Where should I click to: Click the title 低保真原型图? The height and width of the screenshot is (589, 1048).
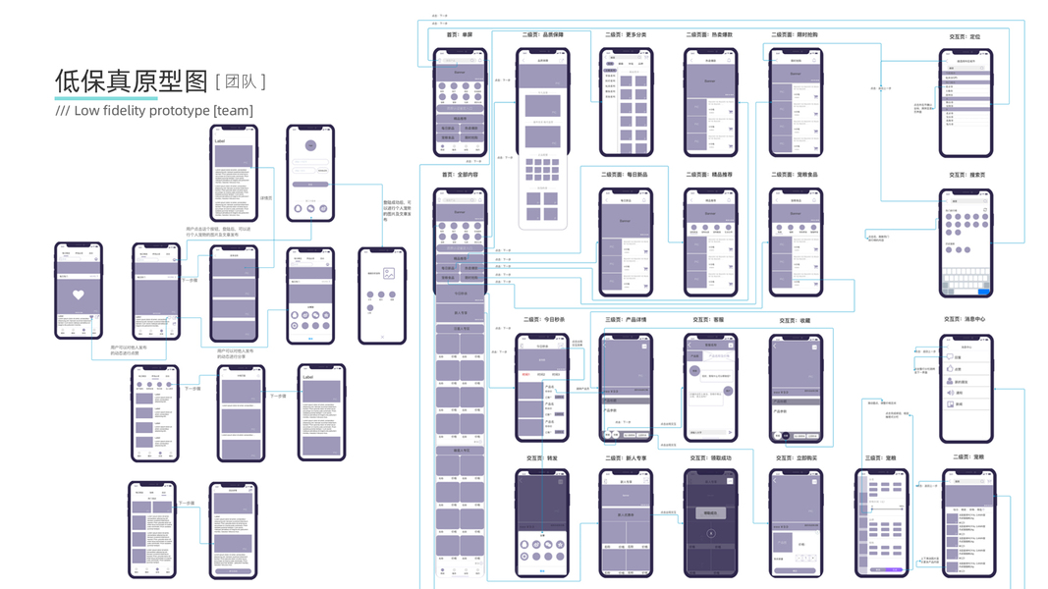pos(132,81)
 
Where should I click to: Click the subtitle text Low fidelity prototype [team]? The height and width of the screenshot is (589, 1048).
pos(154,111)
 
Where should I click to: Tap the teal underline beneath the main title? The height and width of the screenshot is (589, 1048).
pos(105,98)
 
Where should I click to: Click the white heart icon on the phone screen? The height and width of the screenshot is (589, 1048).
pos(79,294)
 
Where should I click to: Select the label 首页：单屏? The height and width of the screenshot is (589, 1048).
pos(460,34)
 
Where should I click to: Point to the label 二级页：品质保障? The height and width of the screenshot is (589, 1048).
pos(542,34)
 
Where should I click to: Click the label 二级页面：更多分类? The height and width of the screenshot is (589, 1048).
pos(627,34)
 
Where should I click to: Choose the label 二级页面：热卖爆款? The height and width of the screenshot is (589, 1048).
pos(709,34)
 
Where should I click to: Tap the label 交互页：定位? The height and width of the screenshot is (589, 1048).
pos(965,36)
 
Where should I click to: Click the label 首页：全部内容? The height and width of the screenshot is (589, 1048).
pos(460,175)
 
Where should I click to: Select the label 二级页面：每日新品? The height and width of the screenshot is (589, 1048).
pos(627,175)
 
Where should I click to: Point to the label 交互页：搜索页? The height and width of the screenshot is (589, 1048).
pos(965,176)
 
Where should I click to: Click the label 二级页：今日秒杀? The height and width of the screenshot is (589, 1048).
pos(542,319)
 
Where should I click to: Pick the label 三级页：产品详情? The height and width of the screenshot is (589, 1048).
pos(626,319)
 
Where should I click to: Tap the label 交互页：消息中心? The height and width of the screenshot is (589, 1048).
pos(965,319)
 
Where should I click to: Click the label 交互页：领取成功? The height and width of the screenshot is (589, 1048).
pos(710,457)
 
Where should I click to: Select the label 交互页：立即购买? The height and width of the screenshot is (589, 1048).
pos(794,457)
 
